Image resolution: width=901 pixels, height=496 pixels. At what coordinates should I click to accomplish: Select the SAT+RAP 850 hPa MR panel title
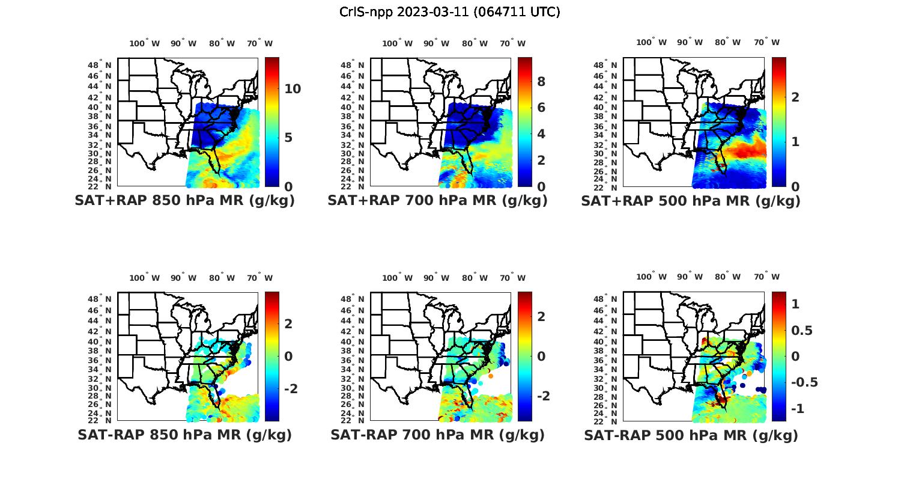[x=184, y=201]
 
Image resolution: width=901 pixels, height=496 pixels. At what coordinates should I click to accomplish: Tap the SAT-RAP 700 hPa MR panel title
[x=437, y=435]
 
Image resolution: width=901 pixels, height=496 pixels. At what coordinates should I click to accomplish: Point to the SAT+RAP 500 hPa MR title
[x=691, y=201]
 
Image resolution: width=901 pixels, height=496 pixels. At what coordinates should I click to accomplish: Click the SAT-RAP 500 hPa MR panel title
[x=691, y=435]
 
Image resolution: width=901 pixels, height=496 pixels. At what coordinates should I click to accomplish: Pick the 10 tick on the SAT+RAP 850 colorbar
[x=293, y=89]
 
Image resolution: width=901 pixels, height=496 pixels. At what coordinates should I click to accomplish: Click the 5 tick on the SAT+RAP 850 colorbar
[x=288, y=138]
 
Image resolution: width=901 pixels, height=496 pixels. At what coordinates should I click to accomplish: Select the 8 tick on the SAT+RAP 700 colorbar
[x=541, y=82]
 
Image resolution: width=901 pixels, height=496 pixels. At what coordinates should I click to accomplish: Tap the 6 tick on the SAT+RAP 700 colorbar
[x=541, y=108]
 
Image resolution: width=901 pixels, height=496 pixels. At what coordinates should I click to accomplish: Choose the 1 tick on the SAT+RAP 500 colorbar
[x=795, y=142]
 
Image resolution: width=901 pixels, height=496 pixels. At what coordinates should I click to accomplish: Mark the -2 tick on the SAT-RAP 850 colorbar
[x=290, y=389]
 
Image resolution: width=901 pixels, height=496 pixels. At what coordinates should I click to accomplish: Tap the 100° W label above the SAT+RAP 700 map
[x=397, y=43]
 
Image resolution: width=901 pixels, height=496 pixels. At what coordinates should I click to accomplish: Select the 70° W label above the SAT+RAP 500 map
[x=766, y=42]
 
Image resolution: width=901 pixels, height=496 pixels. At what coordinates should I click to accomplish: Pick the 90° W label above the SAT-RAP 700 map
[x=436, y=278]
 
